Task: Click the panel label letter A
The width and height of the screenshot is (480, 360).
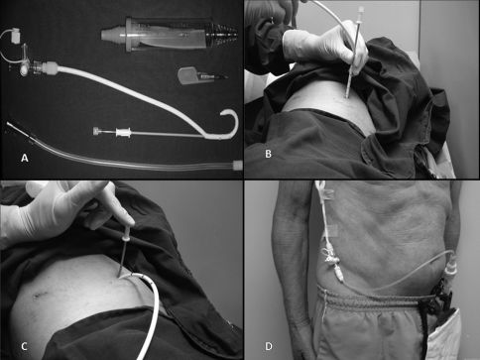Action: click(24, 158)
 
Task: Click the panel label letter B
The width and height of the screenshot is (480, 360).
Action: click(268, 154)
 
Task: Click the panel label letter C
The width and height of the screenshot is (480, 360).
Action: click(24, 346)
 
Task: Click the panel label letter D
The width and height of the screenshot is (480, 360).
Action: click(269, 346)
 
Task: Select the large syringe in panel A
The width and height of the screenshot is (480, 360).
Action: click(170, 35)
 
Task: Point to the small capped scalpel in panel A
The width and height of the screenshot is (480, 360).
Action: click(202, 76)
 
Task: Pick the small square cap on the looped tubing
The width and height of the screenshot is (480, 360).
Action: click(16, 36)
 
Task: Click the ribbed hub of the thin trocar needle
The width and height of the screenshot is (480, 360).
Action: click(123, 133)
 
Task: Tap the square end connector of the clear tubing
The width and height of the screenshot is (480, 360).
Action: click(238, 165)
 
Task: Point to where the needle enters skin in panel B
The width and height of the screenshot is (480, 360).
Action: click(346, 96)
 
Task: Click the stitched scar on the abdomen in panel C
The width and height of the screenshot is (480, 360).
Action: click(41, 294)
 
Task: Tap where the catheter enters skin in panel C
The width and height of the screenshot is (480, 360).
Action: click(120, 277)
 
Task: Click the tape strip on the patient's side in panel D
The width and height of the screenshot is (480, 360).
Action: click(330, 230)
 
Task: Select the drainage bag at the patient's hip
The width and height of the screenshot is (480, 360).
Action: click(443, 334)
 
